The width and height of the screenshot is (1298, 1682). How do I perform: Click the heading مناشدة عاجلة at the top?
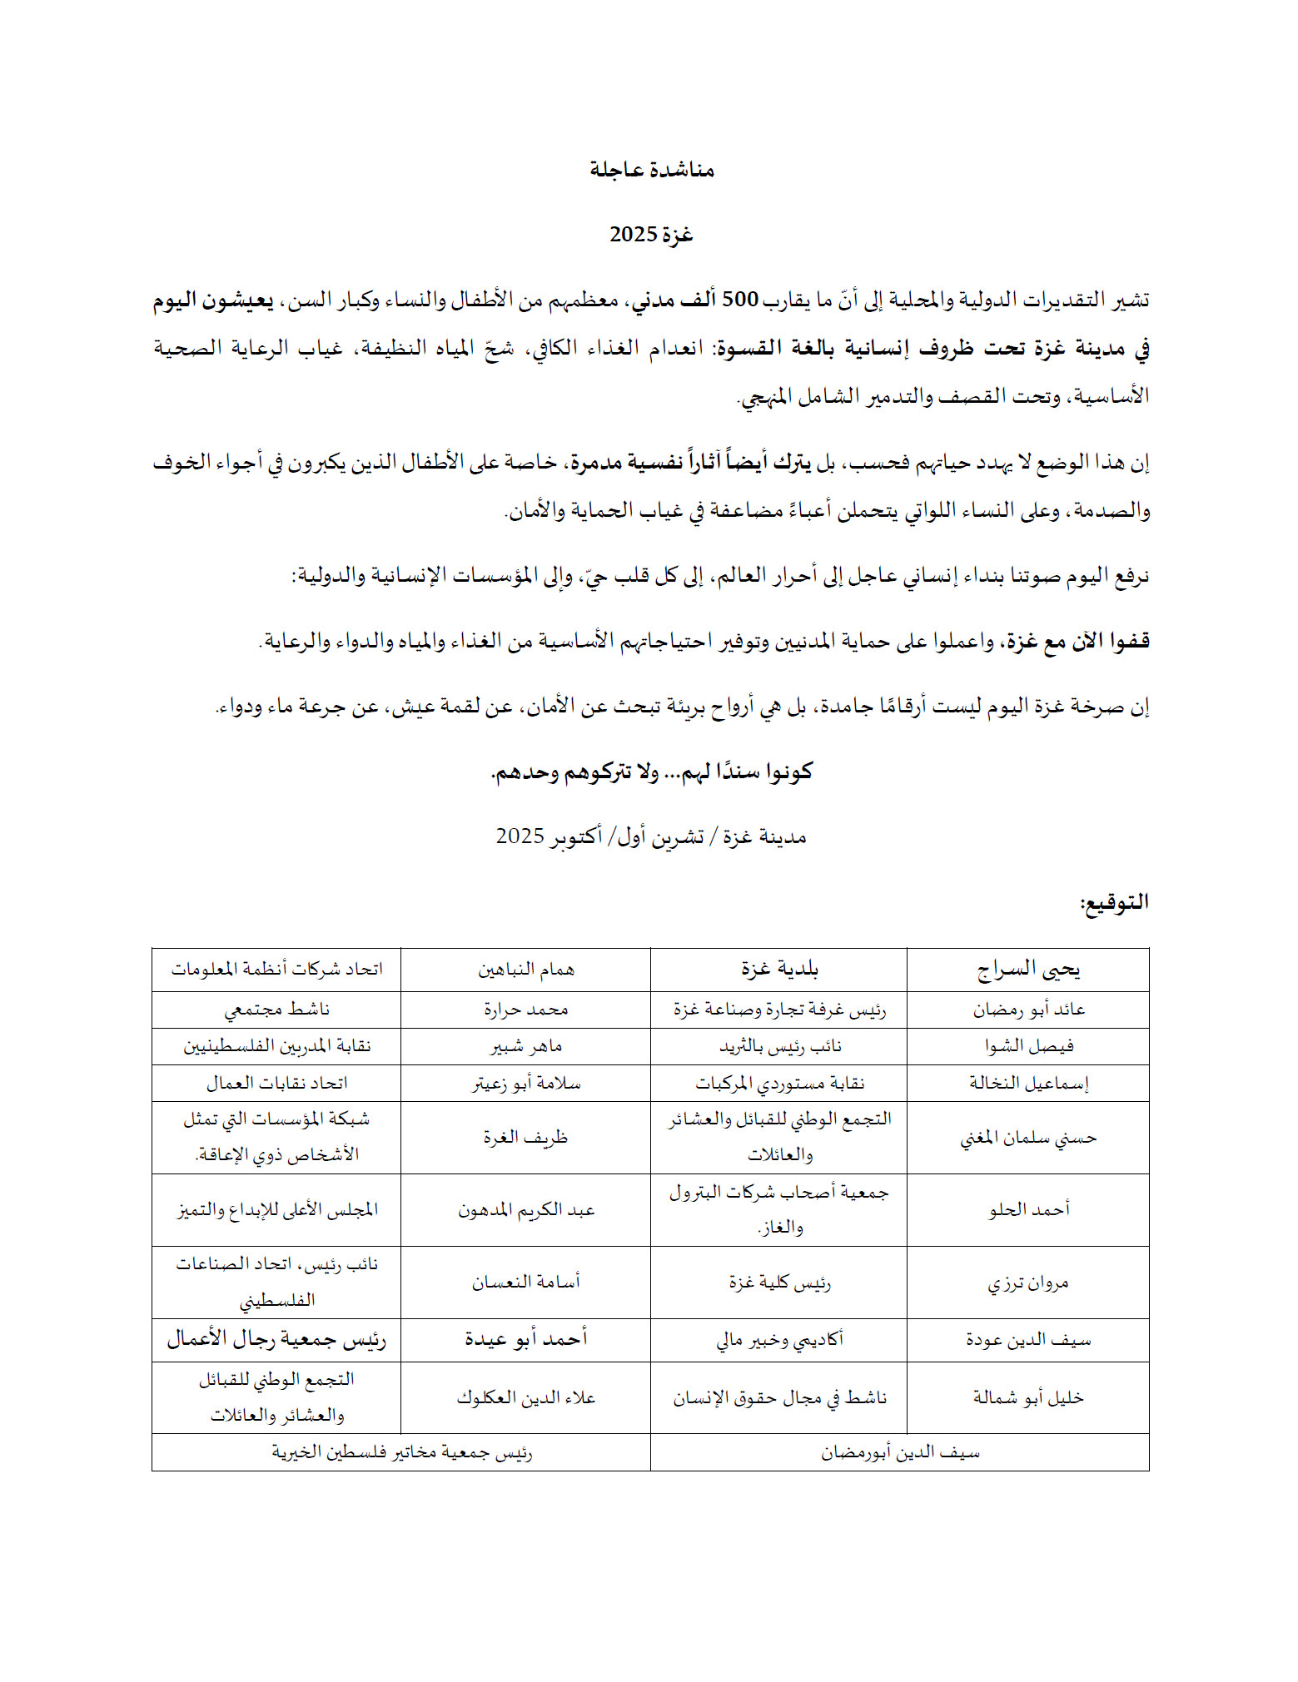point(652,170)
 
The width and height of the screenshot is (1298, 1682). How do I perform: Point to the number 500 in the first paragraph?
point(739,300)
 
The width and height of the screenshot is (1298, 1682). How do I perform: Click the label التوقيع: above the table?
point(1114,903)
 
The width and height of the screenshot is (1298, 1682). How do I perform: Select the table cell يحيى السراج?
point(1028,970)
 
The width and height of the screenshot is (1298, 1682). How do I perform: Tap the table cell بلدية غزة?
point(779,970)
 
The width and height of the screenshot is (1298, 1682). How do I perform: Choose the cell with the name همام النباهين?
point(525,970)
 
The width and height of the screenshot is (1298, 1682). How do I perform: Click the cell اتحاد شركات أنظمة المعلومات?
point(276,970)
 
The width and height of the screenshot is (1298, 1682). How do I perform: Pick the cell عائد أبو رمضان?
point(1028,1010)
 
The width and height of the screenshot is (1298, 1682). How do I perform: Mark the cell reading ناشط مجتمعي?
point(276,1010)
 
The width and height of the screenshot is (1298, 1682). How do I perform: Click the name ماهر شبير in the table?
point(525,1046)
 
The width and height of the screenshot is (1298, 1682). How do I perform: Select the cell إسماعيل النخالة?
point(1028,1083)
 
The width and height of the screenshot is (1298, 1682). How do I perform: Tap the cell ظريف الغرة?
point(525,1137)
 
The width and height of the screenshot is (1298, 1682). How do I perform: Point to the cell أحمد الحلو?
point(1028,1209)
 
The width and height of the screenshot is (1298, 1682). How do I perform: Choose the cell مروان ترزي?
point(1028,1283)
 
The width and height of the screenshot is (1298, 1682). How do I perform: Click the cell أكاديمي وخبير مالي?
point(779,1339)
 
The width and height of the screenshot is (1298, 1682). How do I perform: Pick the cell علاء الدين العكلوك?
point(525,1397)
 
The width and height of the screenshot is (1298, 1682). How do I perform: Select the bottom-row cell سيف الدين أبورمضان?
point(900,1452)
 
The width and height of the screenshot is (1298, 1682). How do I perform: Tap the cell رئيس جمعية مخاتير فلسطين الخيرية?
point(401,1452)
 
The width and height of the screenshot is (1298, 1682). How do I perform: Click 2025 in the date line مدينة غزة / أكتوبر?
point(520,836)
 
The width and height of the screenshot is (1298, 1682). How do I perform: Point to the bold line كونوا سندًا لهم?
point(651,772)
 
